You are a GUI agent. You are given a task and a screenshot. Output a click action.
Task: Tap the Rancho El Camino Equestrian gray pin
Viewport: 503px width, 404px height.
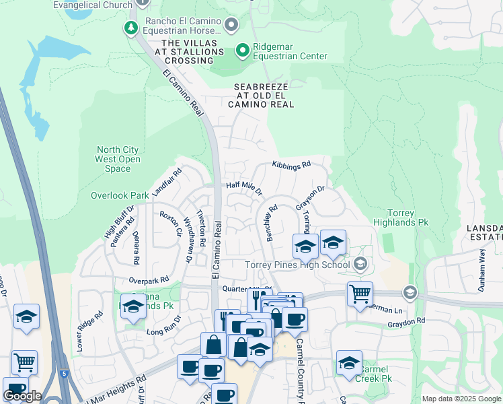click(232, 26)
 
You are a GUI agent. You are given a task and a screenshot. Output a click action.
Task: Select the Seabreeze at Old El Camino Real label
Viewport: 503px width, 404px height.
click(261, 96)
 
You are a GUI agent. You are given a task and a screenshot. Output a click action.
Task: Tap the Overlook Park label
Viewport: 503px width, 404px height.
click(120, 195)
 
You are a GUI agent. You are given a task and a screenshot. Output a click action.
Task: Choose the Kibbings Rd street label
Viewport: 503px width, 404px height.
click(291, 165)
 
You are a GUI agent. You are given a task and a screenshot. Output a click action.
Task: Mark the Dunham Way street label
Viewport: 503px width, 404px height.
click(481, 259)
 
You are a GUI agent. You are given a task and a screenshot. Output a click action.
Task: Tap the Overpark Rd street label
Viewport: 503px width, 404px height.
click(149, 279)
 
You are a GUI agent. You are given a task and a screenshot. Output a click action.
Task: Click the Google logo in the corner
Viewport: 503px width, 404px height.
click(22, 396)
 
